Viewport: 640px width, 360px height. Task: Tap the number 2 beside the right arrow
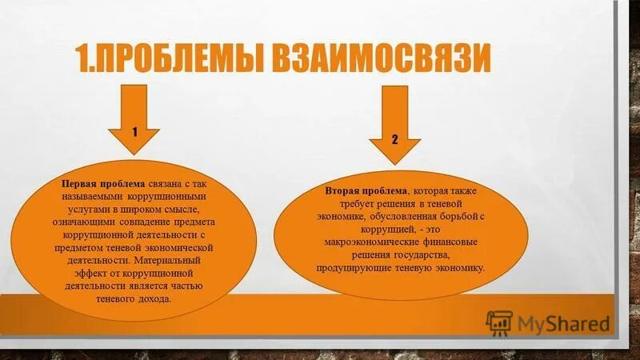tap(394, 139)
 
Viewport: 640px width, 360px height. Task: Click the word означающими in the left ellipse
tap(91, 222)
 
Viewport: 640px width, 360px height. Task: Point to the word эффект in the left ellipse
tap(88, 273)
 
